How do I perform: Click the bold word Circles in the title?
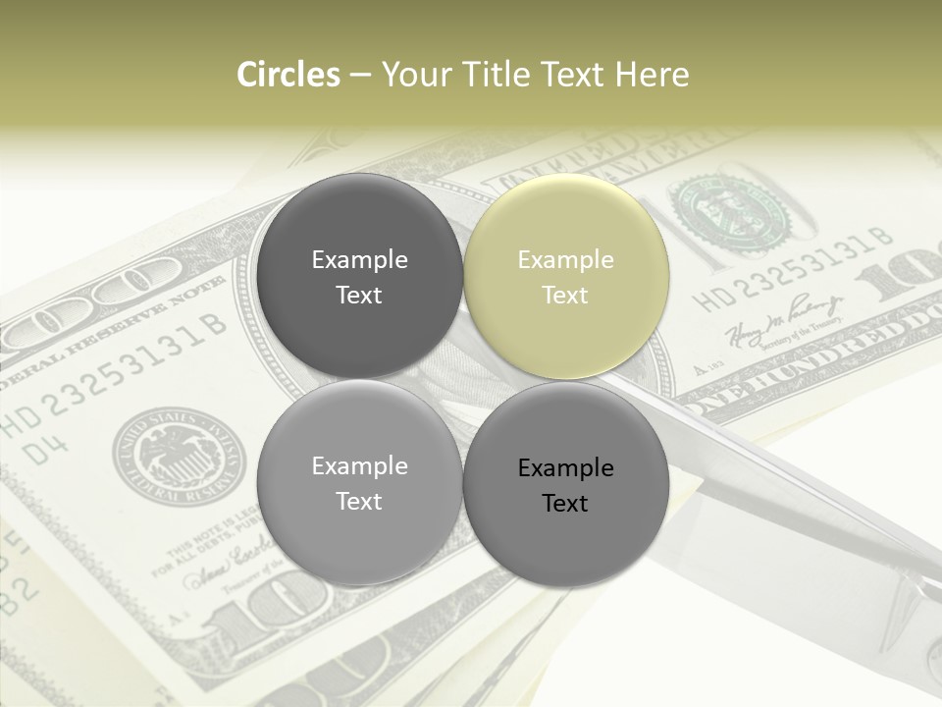[288, 75]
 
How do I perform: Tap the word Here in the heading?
[652, 75]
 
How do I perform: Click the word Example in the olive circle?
[565, 260]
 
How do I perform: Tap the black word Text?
[565, 504]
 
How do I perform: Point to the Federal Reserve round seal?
[180, 456]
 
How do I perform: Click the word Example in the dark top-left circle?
[359, 260]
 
